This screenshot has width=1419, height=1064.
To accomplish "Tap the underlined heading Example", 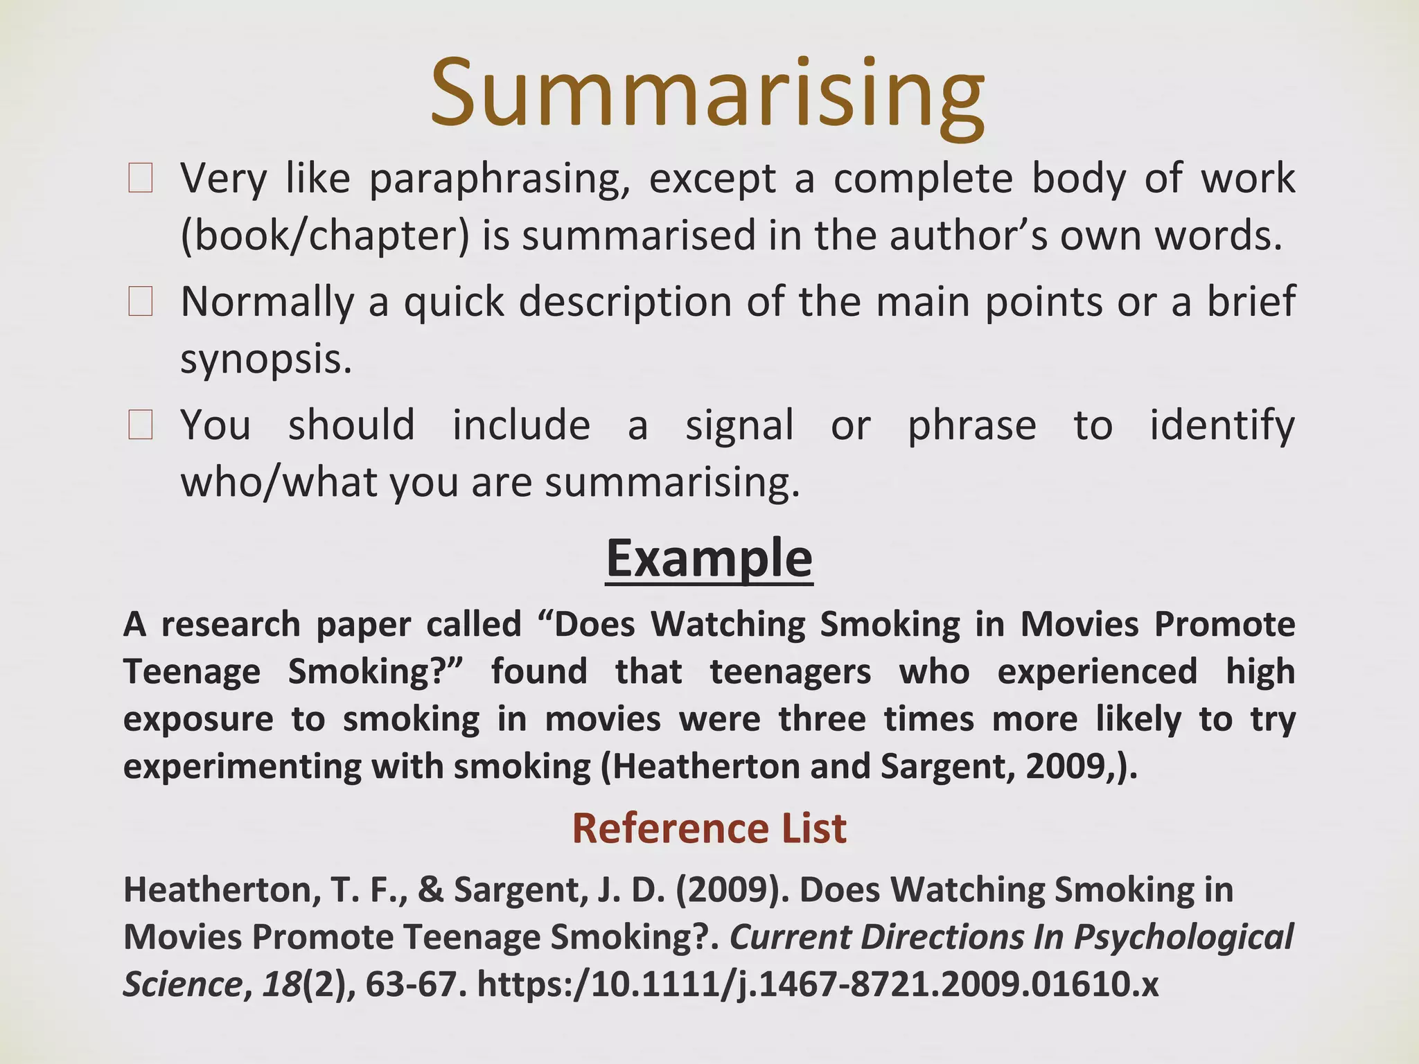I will tap(709, 558).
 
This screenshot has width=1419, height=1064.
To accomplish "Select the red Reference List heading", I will tap(709, 828).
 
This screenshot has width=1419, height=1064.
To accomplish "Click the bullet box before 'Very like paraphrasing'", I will tap(140, 179).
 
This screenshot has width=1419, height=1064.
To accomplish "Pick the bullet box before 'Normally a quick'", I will tap(140, 302).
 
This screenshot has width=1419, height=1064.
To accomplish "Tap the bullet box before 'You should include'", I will tap(140, 425).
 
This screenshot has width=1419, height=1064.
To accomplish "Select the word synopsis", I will tap(266, 359).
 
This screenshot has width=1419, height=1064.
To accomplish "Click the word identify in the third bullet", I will tap(1222, 425).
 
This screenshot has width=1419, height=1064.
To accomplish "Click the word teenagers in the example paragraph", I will tap(790, 671).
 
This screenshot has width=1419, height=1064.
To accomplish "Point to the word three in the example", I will tap(822, 719).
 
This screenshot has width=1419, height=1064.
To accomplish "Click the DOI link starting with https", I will tap(818, 984).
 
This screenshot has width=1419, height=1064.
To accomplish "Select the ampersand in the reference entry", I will tap(430, 890).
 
